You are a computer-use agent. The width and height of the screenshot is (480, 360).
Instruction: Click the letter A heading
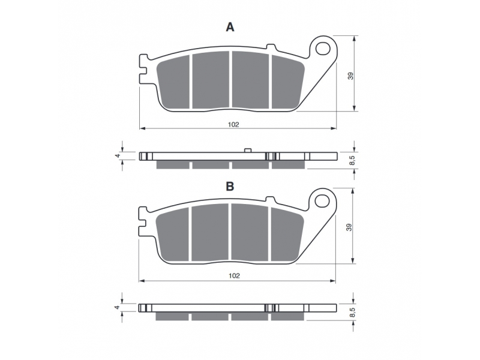tap(230, 27)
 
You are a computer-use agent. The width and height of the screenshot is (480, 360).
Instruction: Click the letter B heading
tap(230, 186)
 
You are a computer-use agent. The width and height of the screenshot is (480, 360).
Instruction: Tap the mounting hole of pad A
tap(323, 49)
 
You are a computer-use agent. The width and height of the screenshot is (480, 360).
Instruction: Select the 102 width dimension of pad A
tap(233, 124)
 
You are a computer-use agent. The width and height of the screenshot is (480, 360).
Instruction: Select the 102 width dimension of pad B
tap(234, 275)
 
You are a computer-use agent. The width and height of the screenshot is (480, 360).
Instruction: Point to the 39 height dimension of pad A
tap(351, 76)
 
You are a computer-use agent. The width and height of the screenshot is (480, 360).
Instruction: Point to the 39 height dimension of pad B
tap(349, 227)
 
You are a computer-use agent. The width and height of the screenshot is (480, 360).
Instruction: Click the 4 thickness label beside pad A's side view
tap(117, 155)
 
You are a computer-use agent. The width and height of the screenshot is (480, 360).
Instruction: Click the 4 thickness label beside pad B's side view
tap(117, 307)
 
